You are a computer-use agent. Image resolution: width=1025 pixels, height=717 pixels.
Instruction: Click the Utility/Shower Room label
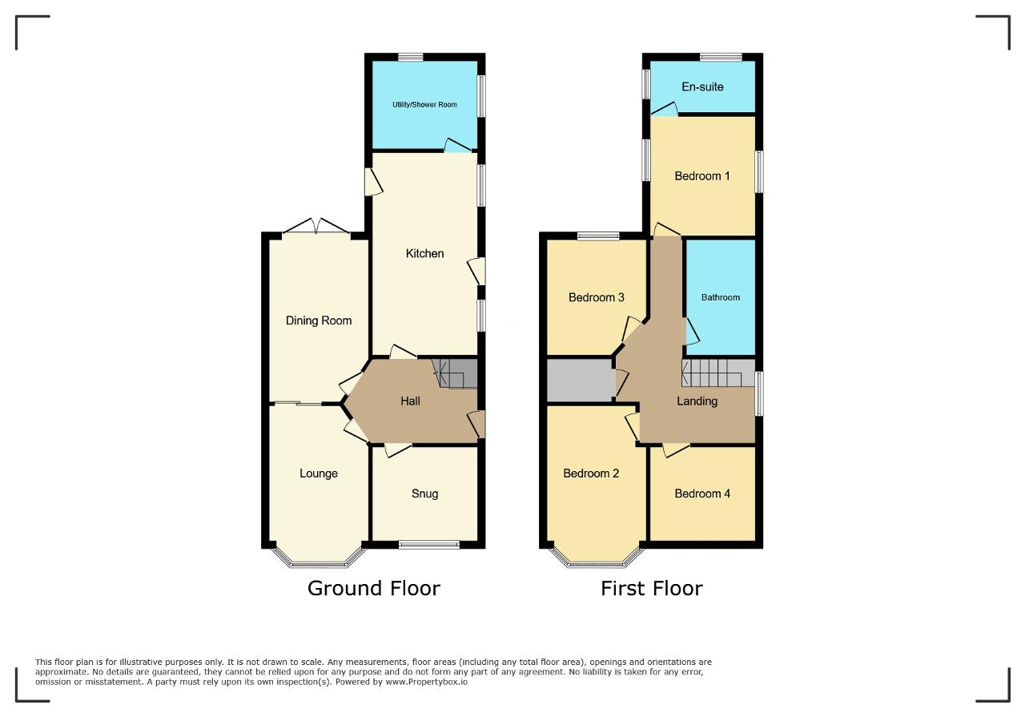click(424, 105)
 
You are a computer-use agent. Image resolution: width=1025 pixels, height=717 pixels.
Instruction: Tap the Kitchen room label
click(424, 253)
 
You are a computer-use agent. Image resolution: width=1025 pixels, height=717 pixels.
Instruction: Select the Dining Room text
click(319, 320)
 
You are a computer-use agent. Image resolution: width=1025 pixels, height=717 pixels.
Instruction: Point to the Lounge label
click(319, 473)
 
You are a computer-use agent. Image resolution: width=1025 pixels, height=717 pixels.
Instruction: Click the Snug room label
click(424, 493)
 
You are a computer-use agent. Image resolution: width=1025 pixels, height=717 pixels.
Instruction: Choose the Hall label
click(410, 401)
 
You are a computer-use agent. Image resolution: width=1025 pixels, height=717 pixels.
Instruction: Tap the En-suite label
click(702, 87)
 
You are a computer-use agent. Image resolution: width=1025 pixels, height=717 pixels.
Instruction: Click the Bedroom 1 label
click(702, 175)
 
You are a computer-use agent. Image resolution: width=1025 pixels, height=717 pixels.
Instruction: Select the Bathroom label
click(721, 297)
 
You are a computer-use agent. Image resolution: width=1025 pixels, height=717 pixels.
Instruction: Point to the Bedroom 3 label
click(597, 297)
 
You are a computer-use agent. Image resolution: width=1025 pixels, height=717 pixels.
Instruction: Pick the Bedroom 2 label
click(591, 473)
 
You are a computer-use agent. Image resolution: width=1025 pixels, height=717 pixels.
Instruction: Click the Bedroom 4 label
click(702, 493)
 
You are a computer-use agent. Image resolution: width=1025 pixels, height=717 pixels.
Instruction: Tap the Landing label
click(697, 401)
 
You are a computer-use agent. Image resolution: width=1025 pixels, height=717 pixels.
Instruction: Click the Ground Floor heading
click(374, 588)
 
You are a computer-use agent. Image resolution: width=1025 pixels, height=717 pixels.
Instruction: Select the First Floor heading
click(652, 588)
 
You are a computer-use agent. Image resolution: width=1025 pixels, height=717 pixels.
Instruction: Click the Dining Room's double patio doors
click(316, 227)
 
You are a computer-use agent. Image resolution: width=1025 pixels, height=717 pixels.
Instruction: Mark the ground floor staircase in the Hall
click(455, 373)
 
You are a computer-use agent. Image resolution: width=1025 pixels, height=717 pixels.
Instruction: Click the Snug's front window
click(428, 545)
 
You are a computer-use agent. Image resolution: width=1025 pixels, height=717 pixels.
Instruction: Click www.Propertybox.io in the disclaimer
click(427, 682)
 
